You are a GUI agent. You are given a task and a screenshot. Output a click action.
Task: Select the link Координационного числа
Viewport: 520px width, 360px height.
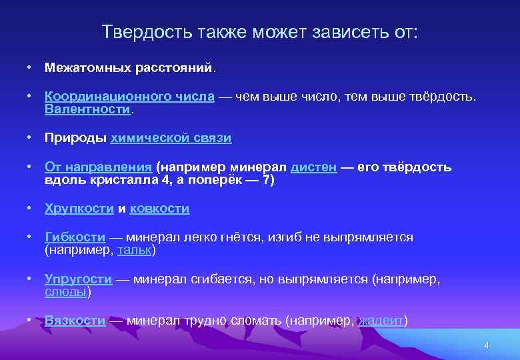pyautogui.click(x=129, y=97)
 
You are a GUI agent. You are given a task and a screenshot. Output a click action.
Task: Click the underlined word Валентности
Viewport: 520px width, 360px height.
pyautogui.click(x=88, y=109)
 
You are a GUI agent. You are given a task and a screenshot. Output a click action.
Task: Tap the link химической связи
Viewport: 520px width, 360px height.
pyautogui.click(x=171, y=138)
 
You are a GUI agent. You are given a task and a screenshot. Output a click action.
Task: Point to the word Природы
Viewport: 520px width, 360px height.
pyautogui.click(x=75, y=138)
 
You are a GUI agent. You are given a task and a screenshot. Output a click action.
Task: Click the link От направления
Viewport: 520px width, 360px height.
pyautogui.click(x=99, y=167)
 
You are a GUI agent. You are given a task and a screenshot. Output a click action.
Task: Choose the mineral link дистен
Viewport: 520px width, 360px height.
pyautogui.click(x=313, y=167)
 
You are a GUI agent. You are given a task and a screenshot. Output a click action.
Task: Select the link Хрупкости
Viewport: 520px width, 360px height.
pyautogui.click(x=79, y=209)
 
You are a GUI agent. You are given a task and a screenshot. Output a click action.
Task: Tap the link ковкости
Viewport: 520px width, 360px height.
pyautogui.click(x=159, y=209)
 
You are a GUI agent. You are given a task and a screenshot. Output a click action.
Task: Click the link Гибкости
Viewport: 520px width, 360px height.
pyautogui.click(x=75, y=238)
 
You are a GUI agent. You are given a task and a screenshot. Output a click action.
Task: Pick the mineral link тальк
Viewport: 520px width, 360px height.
pyautogui.click(x=134, y=250)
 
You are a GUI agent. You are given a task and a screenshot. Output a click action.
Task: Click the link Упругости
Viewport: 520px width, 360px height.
pyautogui.click(x=78, y=279)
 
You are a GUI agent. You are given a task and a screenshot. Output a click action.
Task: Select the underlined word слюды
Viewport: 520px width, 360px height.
pyautogui.click(x=65, y=291)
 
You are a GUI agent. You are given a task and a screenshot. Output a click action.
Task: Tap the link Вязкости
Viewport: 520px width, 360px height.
pyautogui.click(x=75, y=321)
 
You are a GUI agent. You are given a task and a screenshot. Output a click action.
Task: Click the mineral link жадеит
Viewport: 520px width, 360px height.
pyautogui.click(x=381, y=321)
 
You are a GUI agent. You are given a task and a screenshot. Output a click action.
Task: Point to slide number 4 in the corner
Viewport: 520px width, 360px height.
pyautogui.click(x=487, y=345)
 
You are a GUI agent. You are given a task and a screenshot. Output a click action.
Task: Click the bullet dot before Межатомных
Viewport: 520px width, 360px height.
pyautogui.click(x=30, y=67)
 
